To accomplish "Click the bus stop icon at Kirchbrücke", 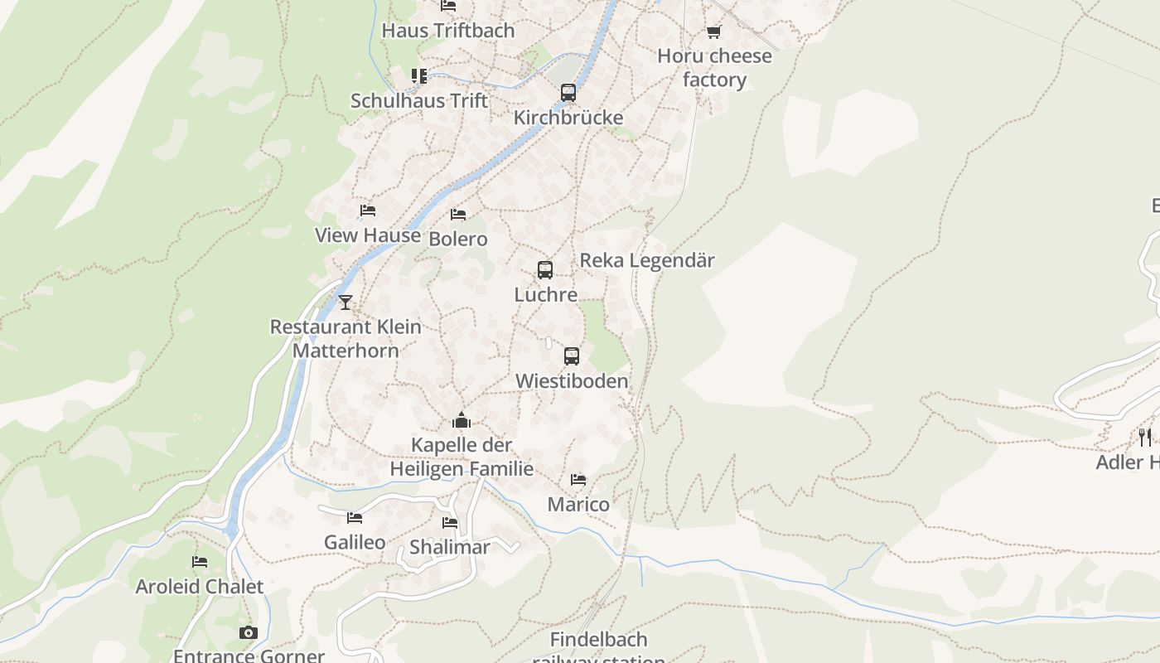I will click(568, 93).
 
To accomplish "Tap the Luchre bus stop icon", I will click(544, 270).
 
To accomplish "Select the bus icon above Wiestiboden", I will click(571, 356).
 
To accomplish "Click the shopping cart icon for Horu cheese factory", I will click(713, 32).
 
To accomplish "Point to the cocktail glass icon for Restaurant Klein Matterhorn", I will click(346, 302).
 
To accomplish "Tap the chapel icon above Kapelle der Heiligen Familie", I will click(462, 420).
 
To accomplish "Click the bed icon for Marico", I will click(578, 480).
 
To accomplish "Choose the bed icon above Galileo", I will click(355, 518).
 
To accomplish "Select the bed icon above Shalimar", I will click(450, 523).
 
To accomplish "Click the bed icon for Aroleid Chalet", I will click(200, 562).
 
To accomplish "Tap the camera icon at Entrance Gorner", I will click(248, 633).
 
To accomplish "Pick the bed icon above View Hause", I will click(368, 211).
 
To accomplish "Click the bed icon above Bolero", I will click(458, 215).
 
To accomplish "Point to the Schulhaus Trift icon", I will click(419, 76).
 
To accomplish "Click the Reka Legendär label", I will click(646, 260).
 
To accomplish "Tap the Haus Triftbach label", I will click(447, 31).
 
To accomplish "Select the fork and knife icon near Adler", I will click(1144, 437).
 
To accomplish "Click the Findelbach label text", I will click(598, 640).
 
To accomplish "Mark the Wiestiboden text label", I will click(572, 381).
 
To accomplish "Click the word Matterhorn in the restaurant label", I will click(346, 351).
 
